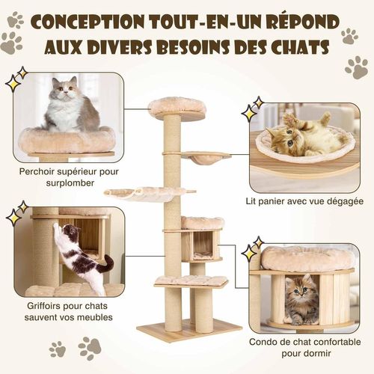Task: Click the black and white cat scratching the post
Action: [x=85, y=258]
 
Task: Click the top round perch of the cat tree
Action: [x=177, y=107]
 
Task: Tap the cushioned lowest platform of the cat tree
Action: [x=191, y=281]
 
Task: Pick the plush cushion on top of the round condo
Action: [x=306, y=258]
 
